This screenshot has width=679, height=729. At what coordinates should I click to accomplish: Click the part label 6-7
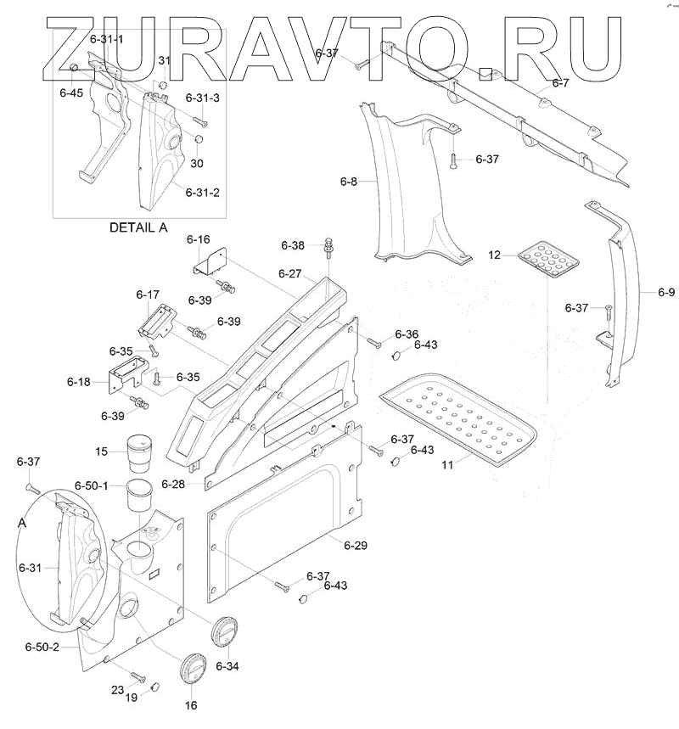[560, 83]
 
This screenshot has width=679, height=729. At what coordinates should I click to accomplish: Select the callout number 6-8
[348, 182]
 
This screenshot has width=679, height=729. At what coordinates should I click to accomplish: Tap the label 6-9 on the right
[666, 293]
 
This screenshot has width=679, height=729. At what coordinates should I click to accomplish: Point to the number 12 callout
[496, 255]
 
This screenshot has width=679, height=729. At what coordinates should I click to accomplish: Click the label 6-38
[293, 245]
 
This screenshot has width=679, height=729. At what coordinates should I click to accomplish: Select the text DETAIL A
[139, 227]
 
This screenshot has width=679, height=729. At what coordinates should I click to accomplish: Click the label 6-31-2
[203, 193]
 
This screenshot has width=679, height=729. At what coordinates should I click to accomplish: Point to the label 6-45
[71, 93]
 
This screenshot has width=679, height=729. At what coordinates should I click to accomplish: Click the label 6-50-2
[42, 647]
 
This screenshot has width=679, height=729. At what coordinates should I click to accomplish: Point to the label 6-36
[406, 334]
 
